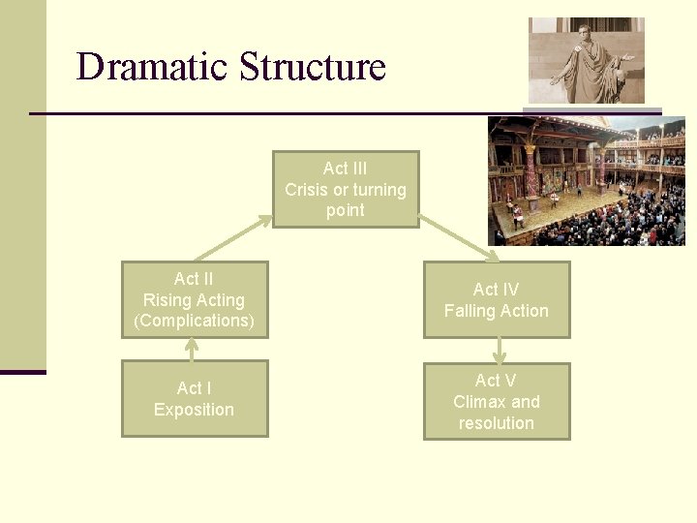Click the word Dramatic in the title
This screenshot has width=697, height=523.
click(x=152, y=67)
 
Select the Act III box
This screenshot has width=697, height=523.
click(x=346, y=189)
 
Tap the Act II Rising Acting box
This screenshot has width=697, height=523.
click(x=195, y=299)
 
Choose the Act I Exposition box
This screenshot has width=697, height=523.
click(x=195, y=398)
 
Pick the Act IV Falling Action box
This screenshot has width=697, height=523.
click(x=497, y=300)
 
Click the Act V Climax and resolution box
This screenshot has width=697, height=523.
click(x=497, y=401)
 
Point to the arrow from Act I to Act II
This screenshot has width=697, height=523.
click(x=193, y=349)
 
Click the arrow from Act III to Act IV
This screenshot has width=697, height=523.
click(x=459, y=238)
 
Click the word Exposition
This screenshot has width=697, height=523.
click(x=194, y=410)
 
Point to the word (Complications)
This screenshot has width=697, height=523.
click(x=194, y=321)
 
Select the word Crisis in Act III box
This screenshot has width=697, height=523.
click(x=306, y=190)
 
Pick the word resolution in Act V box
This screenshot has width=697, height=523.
click(x=497, y=423)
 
